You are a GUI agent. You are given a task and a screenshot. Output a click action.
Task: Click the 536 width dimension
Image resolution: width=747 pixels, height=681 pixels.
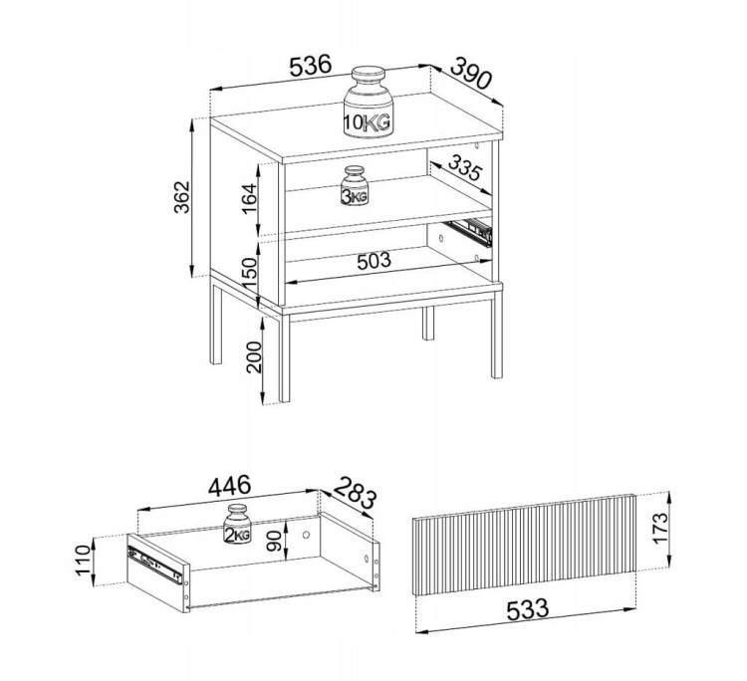point(310,66)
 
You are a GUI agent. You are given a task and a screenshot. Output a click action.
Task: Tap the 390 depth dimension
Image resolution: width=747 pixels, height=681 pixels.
point(470,73)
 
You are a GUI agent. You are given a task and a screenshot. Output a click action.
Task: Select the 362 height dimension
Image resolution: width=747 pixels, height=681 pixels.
point(181,197)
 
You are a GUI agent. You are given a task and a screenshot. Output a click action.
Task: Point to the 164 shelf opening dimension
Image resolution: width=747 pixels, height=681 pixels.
point(249,198)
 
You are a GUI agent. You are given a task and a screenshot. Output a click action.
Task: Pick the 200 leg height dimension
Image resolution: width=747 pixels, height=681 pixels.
point(254,356)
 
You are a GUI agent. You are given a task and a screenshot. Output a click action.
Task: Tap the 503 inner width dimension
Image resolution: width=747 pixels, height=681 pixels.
point(373,260)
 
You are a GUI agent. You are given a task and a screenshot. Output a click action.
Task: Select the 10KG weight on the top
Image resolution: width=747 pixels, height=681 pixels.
point(368,102)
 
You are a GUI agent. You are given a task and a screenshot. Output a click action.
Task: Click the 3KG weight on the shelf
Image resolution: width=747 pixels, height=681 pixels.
point(355,185)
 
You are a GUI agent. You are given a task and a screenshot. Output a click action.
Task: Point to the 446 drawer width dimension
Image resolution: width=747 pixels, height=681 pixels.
point(229,486)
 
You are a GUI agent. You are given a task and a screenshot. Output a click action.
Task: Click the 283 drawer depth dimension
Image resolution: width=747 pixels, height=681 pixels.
point(355,493)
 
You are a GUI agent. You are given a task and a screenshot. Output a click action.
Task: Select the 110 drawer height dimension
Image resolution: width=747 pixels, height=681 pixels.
point(83,561)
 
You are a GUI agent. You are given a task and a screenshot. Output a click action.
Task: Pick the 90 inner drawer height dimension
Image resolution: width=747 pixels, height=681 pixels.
point(274,542)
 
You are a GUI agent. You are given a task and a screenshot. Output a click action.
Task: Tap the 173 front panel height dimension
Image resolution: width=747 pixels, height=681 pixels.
point(660,528)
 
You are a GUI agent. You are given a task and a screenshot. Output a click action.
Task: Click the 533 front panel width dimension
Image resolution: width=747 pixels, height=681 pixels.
point(527,609)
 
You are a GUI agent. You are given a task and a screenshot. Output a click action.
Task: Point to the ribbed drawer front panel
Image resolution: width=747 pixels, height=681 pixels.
point(525,545)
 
